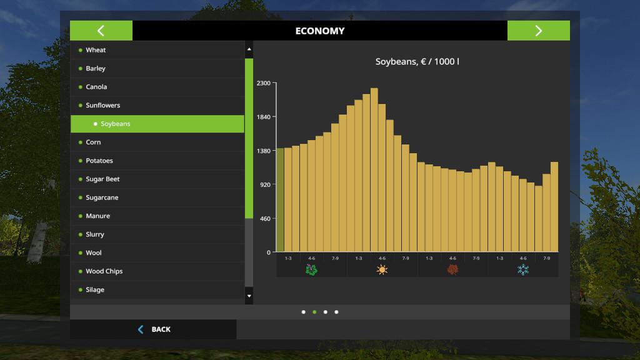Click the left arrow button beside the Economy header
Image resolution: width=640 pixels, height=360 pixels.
click(x=101, y=31)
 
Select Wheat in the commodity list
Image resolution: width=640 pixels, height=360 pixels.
click(x=96, y=50)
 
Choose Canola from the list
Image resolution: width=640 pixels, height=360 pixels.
click(x=96, y=87)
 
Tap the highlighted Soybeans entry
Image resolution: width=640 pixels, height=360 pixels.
click(x=116, y=124)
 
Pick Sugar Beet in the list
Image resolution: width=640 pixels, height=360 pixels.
click(x=102, y=179)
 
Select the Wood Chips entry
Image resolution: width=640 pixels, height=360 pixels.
click(x=104, y=271)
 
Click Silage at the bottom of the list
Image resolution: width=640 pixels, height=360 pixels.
click(x=95, y=290)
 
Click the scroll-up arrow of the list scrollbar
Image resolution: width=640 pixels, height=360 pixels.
click(x=249, y=49)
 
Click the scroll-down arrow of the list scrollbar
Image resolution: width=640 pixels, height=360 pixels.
click(x=249, y=296)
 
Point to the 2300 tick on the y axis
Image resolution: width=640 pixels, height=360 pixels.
click(x=264, y=83)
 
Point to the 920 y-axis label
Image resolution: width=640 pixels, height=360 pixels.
click(x=265, y=184)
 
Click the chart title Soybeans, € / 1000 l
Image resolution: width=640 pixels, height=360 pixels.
click(x=417, y=62)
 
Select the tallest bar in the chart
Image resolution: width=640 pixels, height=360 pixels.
click(x=374, y=169)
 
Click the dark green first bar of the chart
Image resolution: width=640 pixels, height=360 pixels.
click(x=280, y=199)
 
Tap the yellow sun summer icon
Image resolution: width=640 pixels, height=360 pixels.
click(x=382, y=270)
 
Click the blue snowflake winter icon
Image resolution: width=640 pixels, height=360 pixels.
click(x=522, y=270)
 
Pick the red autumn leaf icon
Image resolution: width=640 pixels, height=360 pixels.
click(x=452, y=270)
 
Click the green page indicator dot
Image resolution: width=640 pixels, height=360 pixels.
click(x=314, y=312)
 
